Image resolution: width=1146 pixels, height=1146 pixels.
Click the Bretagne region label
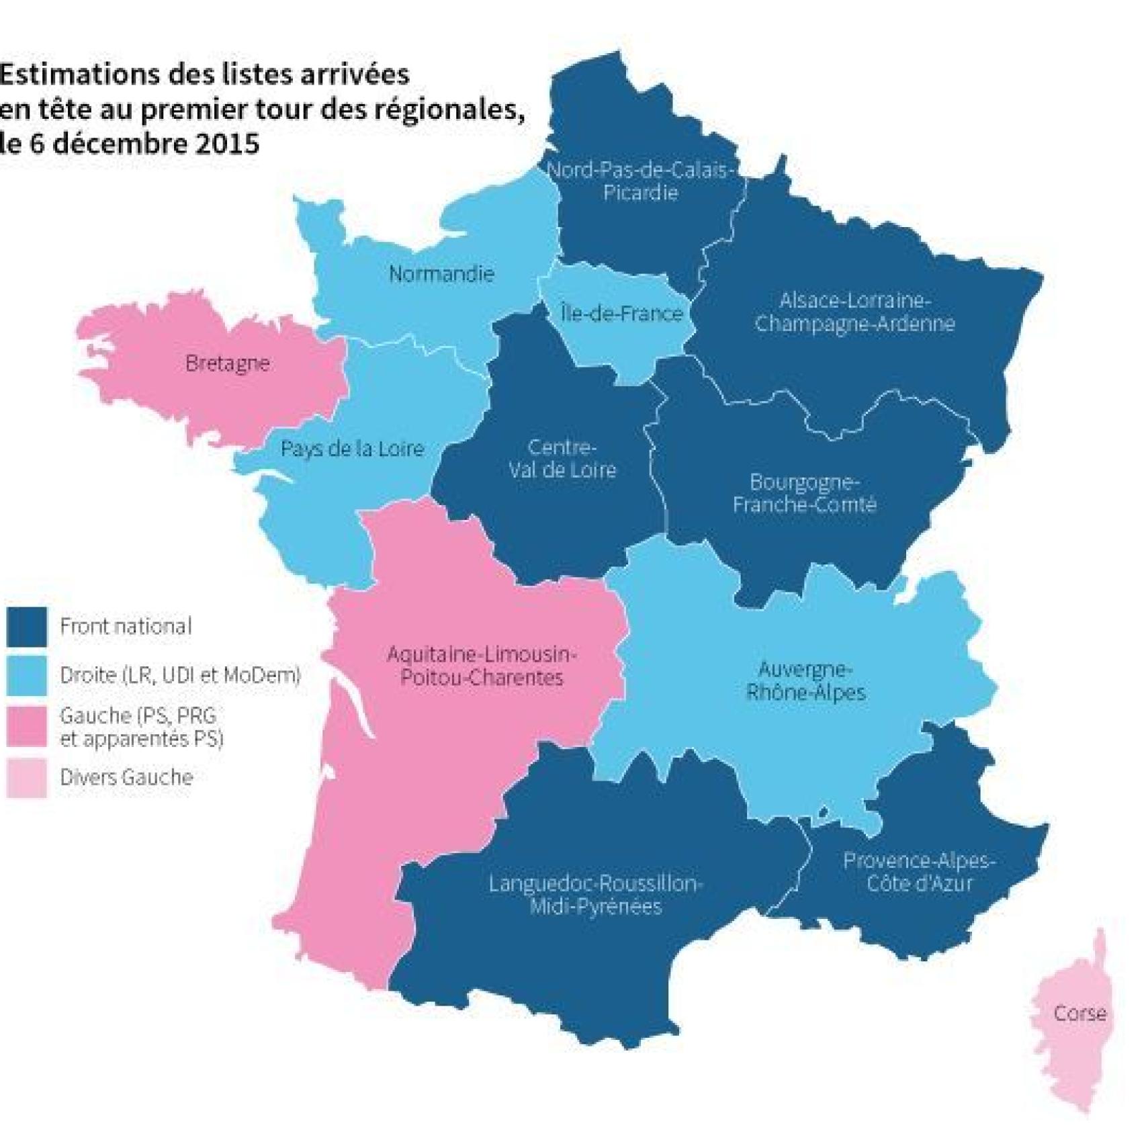(x=227, y=363)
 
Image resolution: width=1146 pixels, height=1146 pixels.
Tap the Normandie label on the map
(x=441, y=274)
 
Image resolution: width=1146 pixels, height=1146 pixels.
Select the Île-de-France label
(x=621, y=313)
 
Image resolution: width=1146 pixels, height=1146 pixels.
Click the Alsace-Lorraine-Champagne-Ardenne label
(x=854, y=312)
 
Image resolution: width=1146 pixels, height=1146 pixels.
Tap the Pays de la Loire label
(x=352, y=449)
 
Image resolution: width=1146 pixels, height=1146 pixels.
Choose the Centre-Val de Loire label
(x=562, y=458)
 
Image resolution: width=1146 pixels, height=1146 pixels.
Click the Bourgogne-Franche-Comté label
(x=804, y=493)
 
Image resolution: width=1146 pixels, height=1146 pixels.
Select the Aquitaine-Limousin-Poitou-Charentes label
(x=482, y=665)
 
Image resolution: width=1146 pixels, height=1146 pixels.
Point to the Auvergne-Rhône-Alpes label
(x=805, y=680)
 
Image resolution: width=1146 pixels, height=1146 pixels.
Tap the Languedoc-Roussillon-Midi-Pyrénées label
(x=595, y=894)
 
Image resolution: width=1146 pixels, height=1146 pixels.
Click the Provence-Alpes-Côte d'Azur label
(x=919, y=871)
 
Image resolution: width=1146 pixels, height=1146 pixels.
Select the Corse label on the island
(x=1079, y=1013)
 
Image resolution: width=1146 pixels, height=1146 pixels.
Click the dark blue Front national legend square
(x=27, y=627)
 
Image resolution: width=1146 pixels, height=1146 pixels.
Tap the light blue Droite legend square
(x=27, y=675)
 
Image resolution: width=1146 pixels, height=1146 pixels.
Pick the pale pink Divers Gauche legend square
(x=27, y=778)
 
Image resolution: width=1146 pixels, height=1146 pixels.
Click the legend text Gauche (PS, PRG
(x=138, y=716)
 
